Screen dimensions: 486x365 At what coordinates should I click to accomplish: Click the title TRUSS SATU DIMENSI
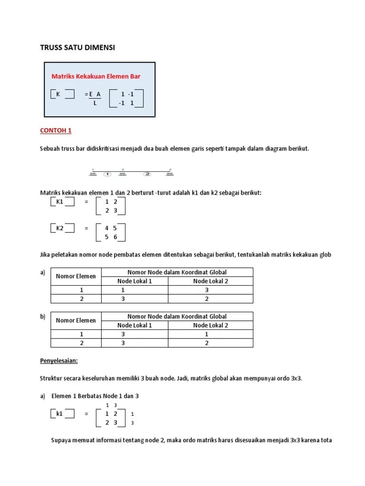click(77, 48)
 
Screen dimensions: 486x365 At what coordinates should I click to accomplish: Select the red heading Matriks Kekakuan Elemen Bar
click(96, 76)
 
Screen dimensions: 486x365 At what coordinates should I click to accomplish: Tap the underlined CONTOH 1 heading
click(55, 131)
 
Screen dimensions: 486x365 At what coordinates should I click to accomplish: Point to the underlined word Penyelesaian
click(58, 361)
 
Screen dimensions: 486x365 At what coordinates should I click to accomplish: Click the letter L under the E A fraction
click(95, 103)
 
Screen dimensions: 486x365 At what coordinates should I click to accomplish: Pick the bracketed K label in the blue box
click(58, 94)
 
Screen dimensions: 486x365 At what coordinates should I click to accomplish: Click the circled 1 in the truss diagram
click(107, 174)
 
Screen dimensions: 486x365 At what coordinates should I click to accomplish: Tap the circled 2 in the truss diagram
click(148, 174)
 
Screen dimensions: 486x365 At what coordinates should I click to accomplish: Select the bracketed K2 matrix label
click(60, 228)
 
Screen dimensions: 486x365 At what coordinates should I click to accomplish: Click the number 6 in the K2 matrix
click(115, 237)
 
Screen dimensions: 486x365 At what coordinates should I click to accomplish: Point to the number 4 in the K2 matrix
click(107, 228)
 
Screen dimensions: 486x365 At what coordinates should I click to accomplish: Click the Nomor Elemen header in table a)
click(76, 276)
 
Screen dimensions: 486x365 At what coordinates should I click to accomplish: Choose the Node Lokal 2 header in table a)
click(211, 281)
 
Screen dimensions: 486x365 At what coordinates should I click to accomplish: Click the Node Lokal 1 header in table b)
click(135, 325)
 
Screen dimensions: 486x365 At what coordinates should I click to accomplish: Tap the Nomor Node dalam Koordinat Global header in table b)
click(177, 316)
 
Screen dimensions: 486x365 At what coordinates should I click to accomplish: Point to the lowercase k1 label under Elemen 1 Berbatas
click(59, 413)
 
